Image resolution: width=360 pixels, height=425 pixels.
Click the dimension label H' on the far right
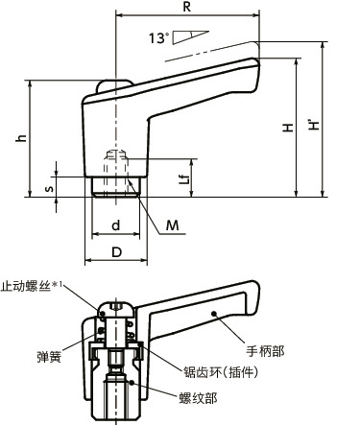317,125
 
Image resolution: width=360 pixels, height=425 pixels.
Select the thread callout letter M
174,225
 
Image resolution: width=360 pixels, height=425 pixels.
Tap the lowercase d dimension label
115,225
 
